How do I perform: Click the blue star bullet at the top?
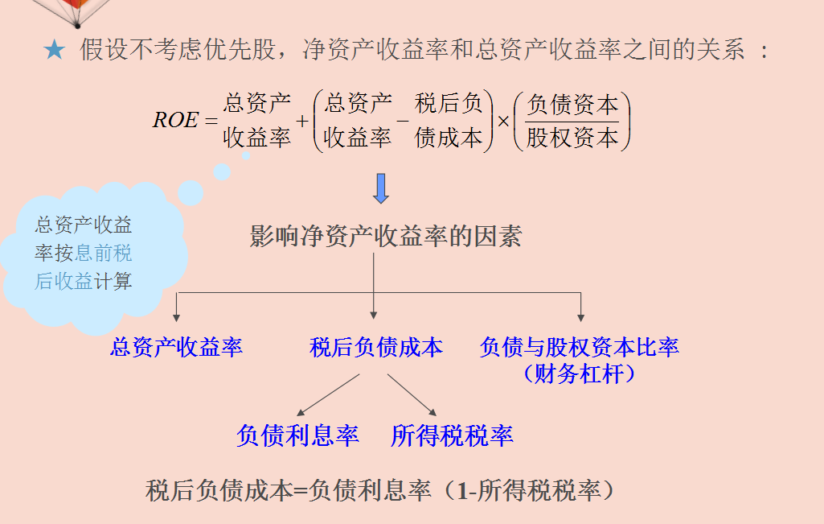[54, 51]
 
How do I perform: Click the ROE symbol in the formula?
[174, 121]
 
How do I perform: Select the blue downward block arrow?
[381, 188]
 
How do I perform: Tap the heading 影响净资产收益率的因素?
[386, 236]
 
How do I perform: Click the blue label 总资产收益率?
[176, 347]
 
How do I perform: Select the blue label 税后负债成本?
[375, 347]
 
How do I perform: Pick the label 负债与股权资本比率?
[579, 347]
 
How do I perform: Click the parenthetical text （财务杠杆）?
[579, 373]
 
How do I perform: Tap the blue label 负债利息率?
[297, 435]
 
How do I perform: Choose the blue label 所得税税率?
[452, 435]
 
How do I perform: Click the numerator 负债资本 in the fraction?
[572, 105]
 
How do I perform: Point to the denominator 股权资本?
[572, 138]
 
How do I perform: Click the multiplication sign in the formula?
[504, 122]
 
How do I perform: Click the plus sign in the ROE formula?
[303, 122]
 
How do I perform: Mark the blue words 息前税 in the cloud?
[104, 254]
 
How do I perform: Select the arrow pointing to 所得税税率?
[412, 394]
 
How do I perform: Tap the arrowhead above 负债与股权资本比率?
[580, 317]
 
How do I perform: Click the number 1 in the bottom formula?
[463, 490]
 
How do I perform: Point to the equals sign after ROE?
[211, 122]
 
